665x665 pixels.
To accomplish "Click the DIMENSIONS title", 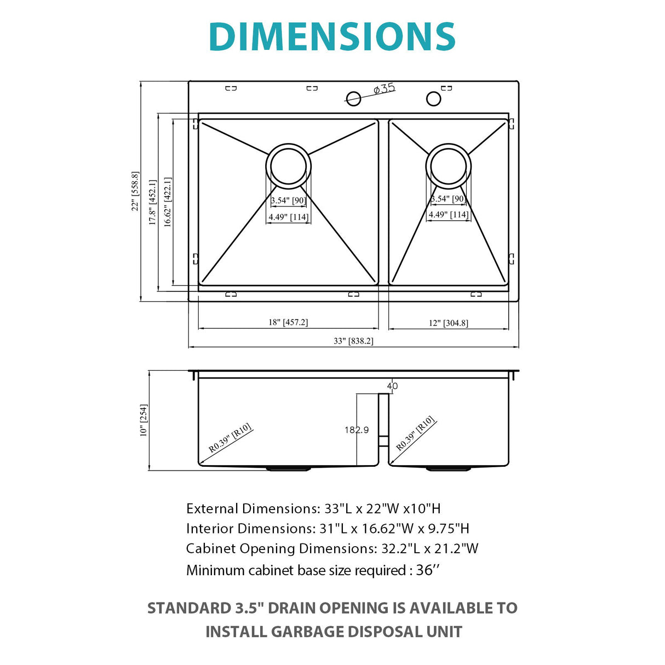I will point(332,37).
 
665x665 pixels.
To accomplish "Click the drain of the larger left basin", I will point(288,166).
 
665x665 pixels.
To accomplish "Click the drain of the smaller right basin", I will point(448,165).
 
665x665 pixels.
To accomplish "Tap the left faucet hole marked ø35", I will point(354,99).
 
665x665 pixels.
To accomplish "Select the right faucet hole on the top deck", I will point(433,99).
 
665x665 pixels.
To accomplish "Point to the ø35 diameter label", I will point(385,89).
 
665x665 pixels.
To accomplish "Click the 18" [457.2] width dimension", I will point(288,322).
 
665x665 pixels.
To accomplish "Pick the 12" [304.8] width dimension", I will point(448,323).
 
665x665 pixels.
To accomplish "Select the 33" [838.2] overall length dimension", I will point(353,341).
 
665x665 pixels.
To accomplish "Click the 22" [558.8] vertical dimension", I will point(135,191).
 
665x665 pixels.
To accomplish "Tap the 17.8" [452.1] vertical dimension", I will point(153,202).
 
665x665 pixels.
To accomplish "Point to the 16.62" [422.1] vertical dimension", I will point(168,202).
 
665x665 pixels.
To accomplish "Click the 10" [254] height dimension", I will point(144,420).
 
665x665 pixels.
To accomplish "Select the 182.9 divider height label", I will point(357,430).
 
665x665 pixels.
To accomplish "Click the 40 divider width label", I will point(392,386).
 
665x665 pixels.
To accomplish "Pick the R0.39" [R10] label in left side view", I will point(230,438).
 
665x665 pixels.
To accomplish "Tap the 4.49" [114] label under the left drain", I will point(288,217).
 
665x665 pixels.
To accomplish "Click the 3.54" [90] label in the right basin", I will point(448,199).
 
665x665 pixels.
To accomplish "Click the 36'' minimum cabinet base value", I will point(427,570).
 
